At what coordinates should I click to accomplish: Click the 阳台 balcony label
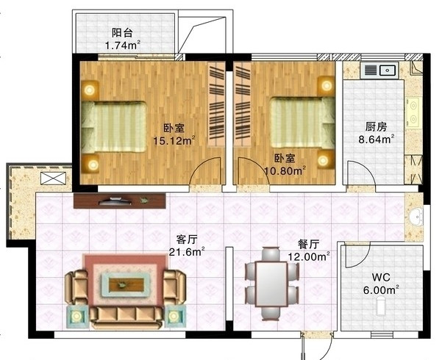pos(122,32)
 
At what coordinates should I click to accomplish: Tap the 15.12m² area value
pos(174,140)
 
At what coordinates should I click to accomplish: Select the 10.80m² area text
pos(285,170)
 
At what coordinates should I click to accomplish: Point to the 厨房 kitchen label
pos(376,127)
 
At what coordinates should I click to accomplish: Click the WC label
pos(381,277)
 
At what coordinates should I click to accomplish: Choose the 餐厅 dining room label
pos(308,245)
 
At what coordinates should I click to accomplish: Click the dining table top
pos(271,284)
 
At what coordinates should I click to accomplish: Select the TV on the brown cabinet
pos(115,201)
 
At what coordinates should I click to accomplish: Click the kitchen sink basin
pos(388,70)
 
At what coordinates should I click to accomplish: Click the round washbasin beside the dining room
pos(416,217)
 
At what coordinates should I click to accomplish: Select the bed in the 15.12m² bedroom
pos(114,127)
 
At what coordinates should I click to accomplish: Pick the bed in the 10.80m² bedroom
pos(303,123)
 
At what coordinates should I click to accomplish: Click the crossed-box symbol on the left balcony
pos(53,178)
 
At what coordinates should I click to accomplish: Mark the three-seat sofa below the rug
pos(126,317)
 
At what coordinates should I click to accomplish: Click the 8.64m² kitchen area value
pos(376,139)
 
